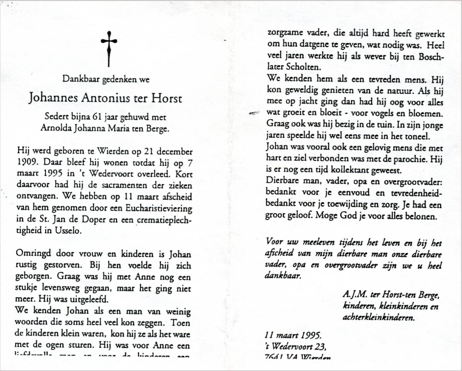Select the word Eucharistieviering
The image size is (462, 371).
coord(159,208)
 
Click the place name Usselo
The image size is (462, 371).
coord(68,231)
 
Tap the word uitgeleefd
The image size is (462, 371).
coord(90,299)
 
